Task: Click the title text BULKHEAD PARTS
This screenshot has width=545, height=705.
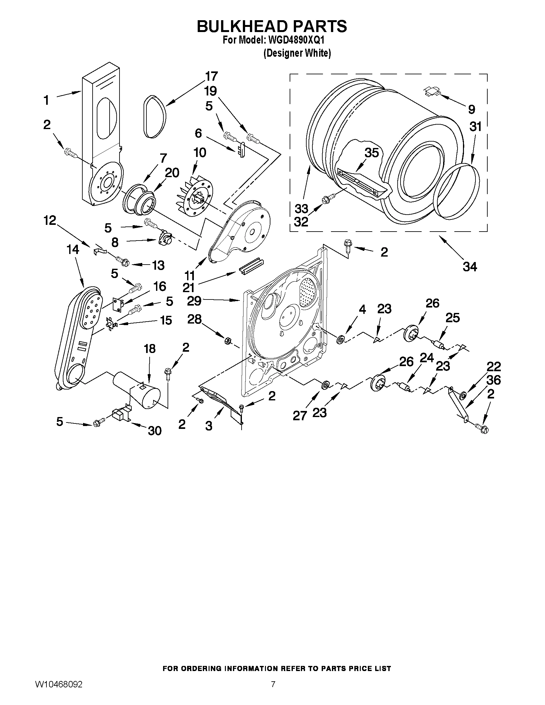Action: [x=272, y=27]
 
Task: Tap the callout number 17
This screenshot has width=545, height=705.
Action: [x=211, y=77]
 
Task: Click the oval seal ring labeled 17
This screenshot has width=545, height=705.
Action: [x=155, y=117]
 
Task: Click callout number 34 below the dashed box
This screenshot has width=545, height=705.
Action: [x=470, y=266]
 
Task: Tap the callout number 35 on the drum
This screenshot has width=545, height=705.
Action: [x=372, y=153]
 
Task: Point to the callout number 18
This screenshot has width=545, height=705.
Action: [x=150, y=348]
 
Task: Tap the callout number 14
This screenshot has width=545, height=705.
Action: [x=73, y=250]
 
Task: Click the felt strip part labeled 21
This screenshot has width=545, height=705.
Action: [x=250, y=265]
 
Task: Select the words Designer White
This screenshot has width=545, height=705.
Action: [x=297, y=53]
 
